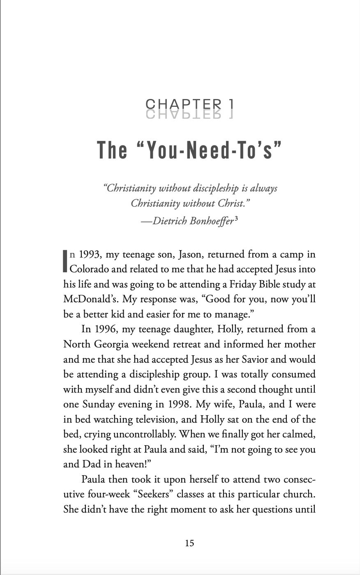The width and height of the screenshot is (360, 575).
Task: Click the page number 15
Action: click(189, 543)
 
